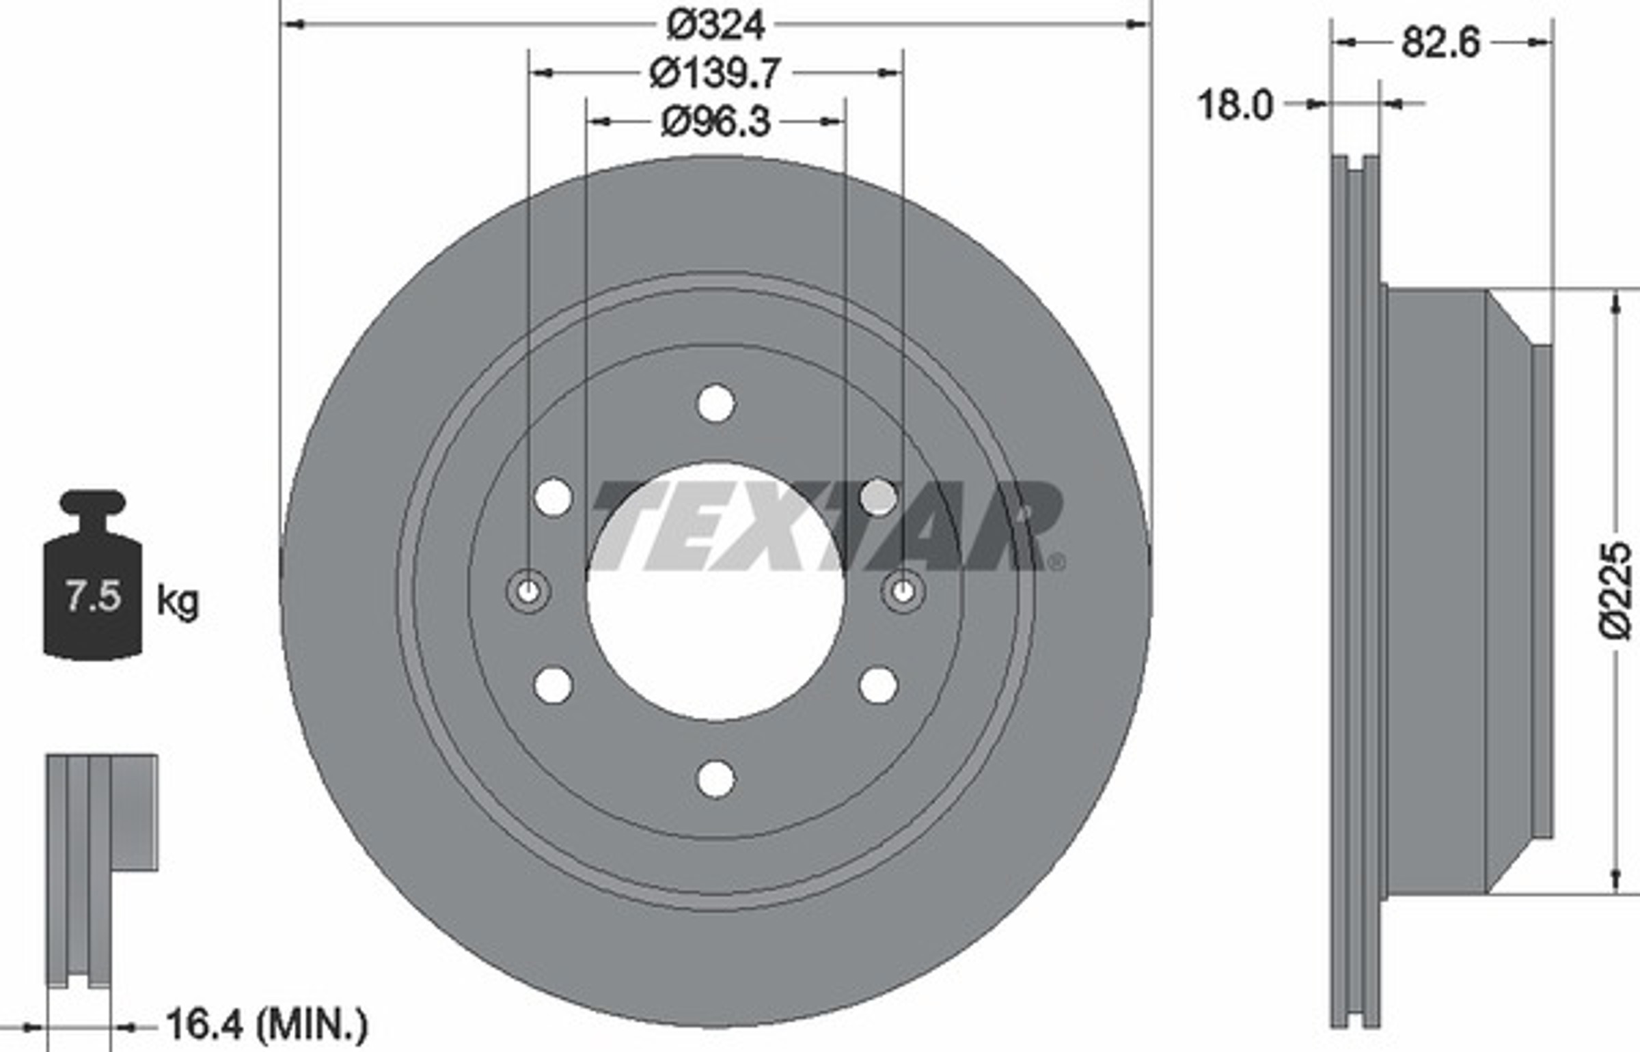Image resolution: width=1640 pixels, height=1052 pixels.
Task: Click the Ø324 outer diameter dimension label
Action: [715, 25]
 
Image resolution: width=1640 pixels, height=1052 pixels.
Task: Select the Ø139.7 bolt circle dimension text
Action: [714, 73]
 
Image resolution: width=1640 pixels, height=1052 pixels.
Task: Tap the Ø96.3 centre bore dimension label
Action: [716, 122]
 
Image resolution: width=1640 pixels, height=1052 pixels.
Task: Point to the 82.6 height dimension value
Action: [1440, 43]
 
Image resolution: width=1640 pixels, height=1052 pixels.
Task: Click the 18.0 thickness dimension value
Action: [1235, 105]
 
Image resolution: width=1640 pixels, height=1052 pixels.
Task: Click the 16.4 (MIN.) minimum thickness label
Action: [266, 1025]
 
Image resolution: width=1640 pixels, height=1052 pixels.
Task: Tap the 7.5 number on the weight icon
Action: [93, 596]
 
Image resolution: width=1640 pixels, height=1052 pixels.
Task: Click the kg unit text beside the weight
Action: [178, 602]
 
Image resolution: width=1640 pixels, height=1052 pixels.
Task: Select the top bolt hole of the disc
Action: [715, 403]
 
